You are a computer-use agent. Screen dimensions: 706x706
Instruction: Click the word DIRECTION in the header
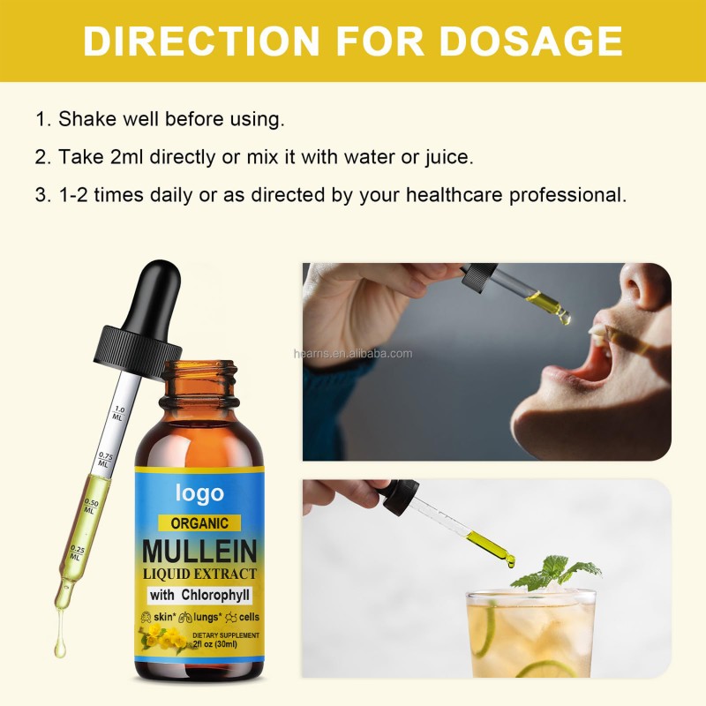click(x=202, y=41)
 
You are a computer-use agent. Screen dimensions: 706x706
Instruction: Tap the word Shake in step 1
click(x=82, y=119)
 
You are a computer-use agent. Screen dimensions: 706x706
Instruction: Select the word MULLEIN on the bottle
click(x=200, y=552)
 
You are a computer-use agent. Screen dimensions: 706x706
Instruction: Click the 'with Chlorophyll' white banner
click(x=199, y=594)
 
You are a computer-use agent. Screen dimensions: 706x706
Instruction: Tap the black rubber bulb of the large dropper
click(x=155, y=292)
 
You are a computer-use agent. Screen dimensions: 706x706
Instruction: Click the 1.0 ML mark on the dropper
click(x=120, y=412)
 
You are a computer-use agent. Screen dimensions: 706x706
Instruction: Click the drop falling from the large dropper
click(x=59, y=649)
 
